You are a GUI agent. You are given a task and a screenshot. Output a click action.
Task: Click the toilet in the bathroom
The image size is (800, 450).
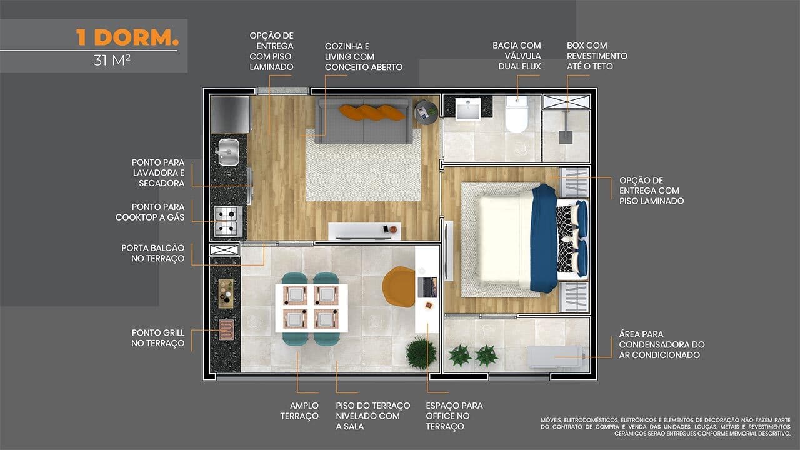516,114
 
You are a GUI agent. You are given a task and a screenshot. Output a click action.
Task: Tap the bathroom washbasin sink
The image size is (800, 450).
468,109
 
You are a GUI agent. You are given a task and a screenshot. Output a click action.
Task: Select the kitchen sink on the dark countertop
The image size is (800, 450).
228,152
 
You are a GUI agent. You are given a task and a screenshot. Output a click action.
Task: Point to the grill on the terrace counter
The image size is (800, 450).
226,329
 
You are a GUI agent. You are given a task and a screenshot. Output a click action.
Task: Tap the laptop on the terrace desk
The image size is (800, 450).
427,287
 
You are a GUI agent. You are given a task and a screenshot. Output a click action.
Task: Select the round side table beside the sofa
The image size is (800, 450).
426,112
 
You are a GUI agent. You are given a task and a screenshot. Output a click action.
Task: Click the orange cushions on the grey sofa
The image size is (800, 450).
372,112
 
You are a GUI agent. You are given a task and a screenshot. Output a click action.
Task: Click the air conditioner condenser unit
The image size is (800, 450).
556,356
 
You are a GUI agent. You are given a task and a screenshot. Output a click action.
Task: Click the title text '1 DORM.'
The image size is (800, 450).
127,37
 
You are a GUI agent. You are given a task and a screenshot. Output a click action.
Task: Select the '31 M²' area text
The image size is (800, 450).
112,61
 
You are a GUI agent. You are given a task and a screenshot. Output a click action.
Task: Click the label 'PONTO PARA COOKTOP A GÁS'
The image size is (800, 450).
150,212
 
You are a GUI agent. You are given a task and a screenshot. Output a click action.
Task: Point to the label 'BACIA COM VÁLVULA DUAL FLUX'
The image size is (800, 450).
517,56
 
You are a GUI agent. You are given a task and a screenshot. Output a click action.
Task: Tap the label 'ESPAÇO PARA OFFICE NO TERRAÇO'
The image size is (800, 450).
454,416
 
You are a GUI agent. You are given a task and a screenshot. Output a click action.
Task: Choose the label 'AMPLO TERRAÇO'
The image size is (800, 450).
299,411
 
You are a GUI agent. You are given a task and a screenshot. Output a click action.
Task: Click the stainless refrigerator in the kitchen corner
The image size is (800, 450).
230,114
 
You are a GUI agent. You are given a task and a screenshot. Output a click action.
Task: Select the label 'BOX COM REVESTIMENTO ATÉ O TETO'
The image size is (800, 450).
597,56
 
